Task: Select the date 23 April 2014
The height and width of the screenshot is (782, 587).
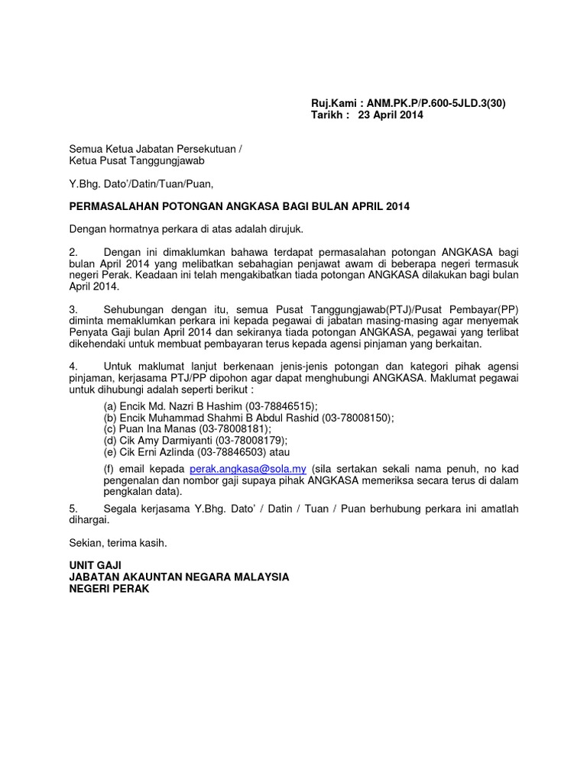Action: [390, 115]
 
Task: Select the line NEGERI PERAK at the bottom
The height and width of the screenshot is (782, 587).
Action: [110, 590]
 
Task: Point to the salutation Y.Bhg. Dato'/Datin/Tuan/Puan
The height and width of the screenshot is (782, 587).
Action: [142, 183]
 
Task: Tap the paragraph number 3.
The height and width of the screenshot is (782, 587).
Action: [73, 310]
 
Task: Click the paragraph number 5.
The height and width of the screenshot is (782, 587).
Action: [73, 508]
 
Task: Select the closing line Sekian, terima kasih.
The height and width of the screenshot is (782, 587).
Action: [118, 543]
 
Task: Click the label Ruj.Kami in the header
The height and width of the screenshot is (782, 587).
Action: [332, 103]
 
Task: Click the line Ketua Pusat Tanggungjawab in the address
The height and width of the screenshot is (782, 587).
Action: [137, 160]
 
